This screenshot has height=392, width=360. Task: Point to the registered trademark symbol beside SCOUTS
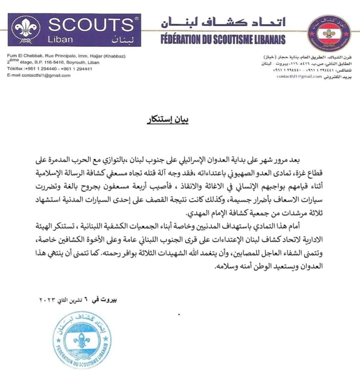click(x=137, y=18)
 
